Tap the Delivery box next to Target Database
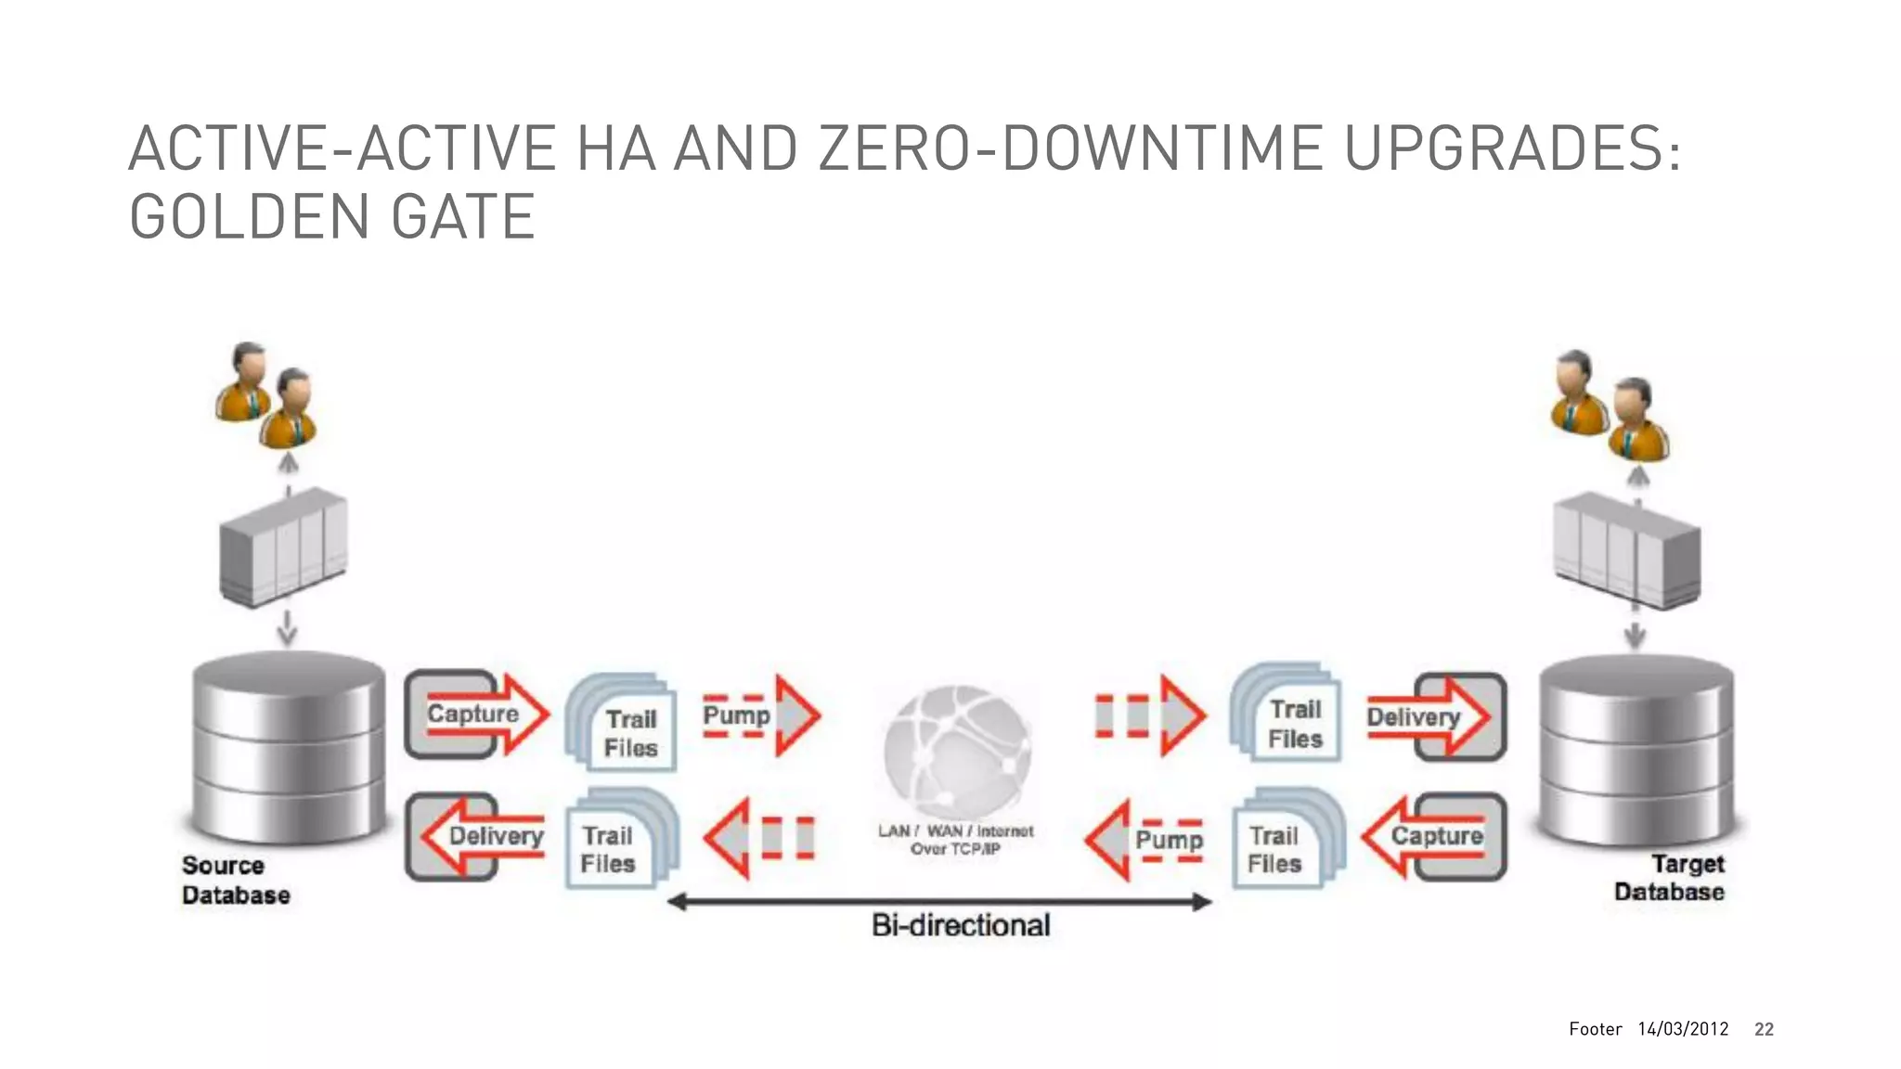click(x=1434, y=717)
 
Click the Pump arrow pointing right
click(x=759, y=715)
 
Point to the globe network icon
click(x=956, y=748)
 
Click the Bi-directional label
click(x=961, y=925)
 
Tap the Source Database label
click(x=236, y=880)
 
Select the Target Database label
click(x=1669, y=878)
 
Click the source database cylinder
click(x=289, y=746)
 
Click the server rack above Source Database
click(x=283, y=547)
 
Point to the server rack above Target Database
click(x=1627, y=549)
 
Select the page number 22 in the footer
click(x=1764, y=1029)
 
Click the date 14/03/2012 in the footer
click(x=1683, y=1029)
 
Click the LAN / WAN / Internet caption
click(x=955, y=840)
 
